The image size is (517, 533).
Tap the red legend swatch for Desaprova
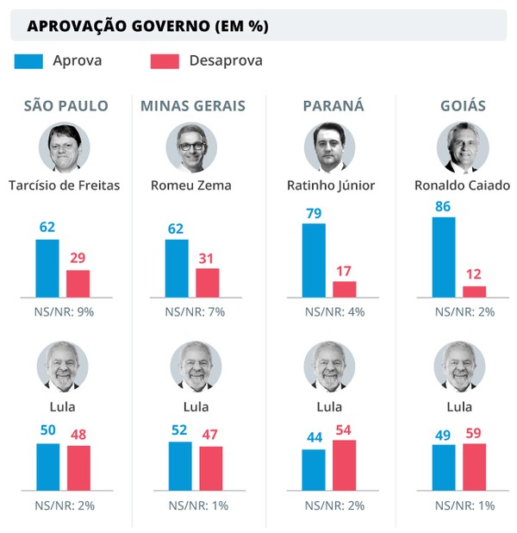(165, 60)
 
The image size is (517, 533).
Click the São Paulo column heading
(65, 106)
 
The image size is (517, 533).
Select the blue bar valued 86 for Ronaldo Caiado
(444, 256)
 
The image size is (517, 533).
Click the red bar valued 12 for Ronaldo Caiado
(474, 291)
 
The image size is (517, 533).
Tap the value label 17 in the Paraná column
(344, 271)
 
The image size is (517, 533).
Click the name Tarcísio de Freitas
(64, 185)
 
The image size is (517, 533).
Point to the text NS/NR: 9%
(65, 311)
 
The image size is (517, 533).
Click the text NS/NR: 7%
(195, 311)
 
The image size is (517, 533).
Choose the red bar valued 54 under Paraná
(344, 464)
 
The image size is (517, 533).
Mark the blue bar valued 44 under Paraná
(314, 468)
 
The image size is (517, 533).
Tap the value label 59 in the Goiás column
(474, 433)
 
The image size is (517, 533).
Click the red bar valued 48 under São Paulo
(78, 467)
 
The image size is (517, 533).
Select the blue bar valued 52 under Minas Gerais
(180, 465)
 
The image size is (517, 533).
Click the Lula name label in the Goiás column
(462, 406)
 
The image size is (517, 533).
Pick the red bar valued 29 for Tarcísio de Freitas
(78, 283)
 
